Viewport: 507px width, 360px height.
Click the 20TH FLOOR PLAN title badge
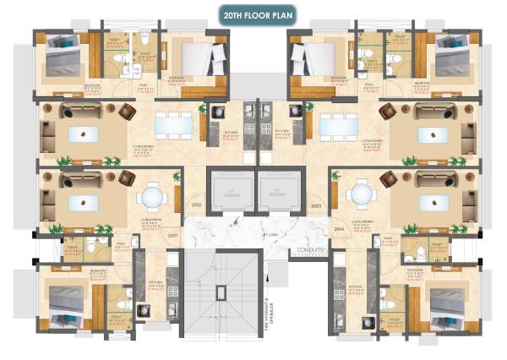click(x=254, y=15)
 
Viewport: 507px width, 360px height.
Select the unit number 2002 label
click(x=197, y=205)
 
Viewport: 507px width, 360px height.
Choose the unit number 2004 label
click(x=339, y=228)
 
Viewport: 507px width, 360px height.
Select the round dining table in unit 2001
click(x=151, y=196)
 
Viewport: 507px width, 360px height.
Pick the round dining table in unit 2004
click(x=361, y=196)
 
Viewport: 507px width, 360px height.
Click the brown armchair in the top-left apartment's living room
click(x=127, y=110)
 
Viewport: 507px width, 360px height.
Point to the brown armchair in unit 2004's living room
click(x=390, y=178)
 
